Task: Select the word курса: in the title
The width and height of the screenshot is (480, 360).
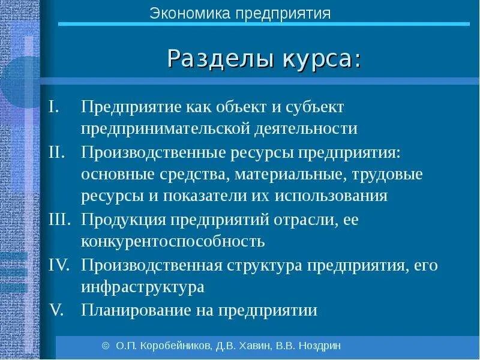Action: tap(317, 59)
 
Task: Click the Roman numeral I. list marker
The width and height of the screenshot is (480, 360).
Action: tap(55, 106)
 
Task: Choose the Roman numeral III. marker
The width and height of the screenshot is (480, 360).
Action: tap(59, 219)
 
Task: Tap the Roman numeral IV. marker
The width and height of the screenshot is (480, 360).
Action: tap(60, 265)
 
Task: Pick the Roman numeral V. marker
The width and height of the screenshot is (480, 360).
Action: tap(56, 310)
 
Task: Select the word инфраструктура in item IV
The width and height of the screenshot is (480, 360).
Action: tap(143, 287)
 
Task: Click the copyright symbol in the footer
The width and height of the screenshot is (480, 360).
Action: tap(106, 346)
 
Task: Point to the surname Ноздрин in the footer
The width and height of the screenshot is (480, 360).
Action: tap(319, 346)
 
